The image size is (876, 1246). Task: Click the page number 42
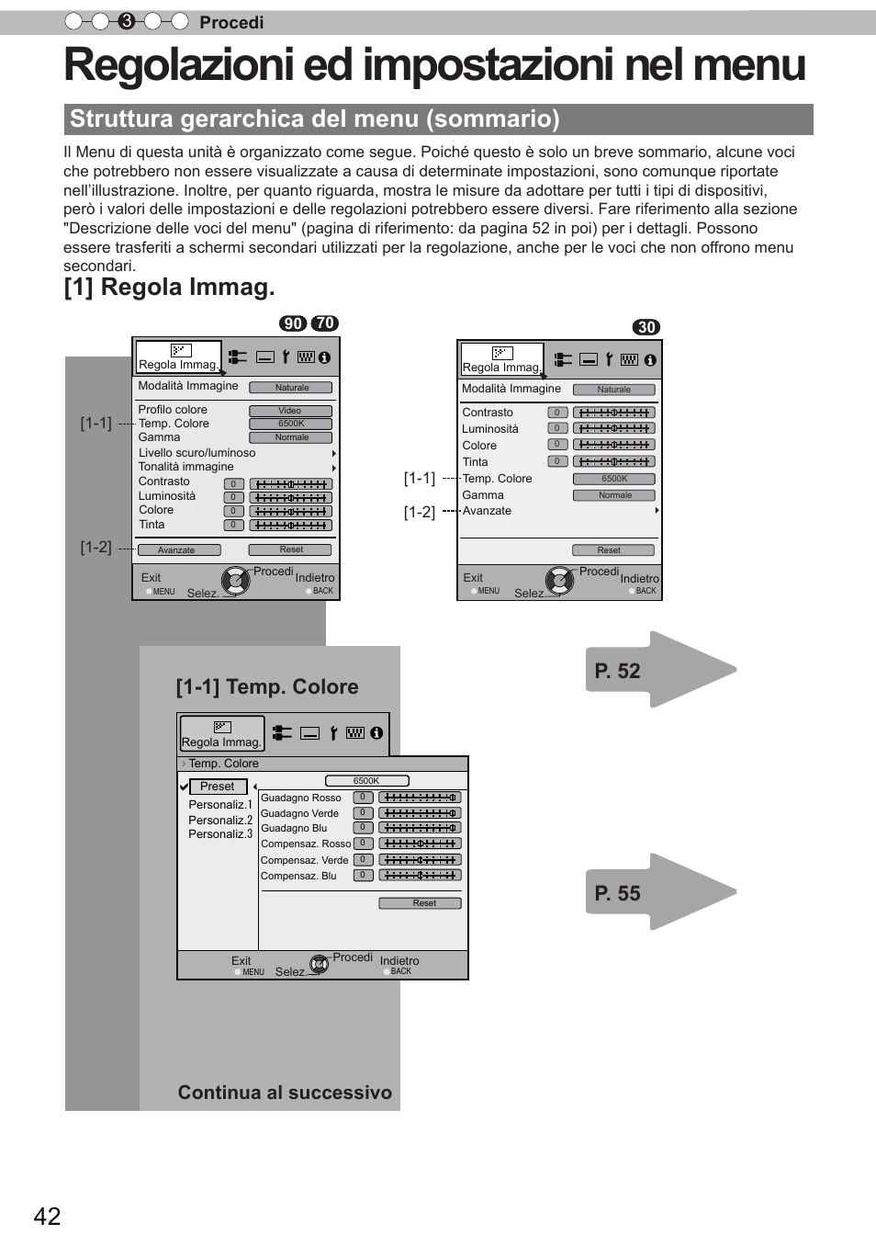47,1217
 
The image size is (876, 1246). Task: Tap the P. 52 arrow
659,671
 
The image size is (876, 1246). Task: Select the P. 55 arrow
659,893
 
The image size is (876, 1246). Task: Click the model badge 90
293,323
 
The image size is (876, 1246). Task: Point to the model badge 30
646,327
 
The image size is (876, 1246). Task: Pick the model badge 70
324,323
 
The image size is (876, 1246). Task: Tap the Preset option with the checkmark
218,787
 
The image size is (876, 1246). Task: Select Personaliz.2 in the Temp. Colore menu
220,820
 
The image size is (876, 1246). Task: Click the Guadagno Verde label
299,813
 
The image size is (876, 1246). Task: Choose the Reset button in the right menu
612,550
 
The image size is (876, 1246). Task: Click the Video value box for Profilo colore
290,411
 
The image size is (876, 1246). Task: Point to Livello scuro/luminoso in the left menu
197,453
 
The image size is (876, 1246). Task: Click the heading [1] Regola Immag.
169,287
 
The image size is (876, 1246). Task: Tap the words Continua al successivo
285,1093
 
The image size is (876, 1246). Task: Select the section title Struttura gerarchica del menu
315,119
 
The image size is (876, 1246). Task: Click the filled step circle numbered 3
127,21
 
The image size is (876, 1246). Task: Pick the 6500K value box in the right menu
614,479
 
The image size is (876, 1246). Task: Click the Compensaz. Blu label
298,876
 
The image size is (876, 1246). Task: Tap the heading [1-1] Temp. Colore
267,687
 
